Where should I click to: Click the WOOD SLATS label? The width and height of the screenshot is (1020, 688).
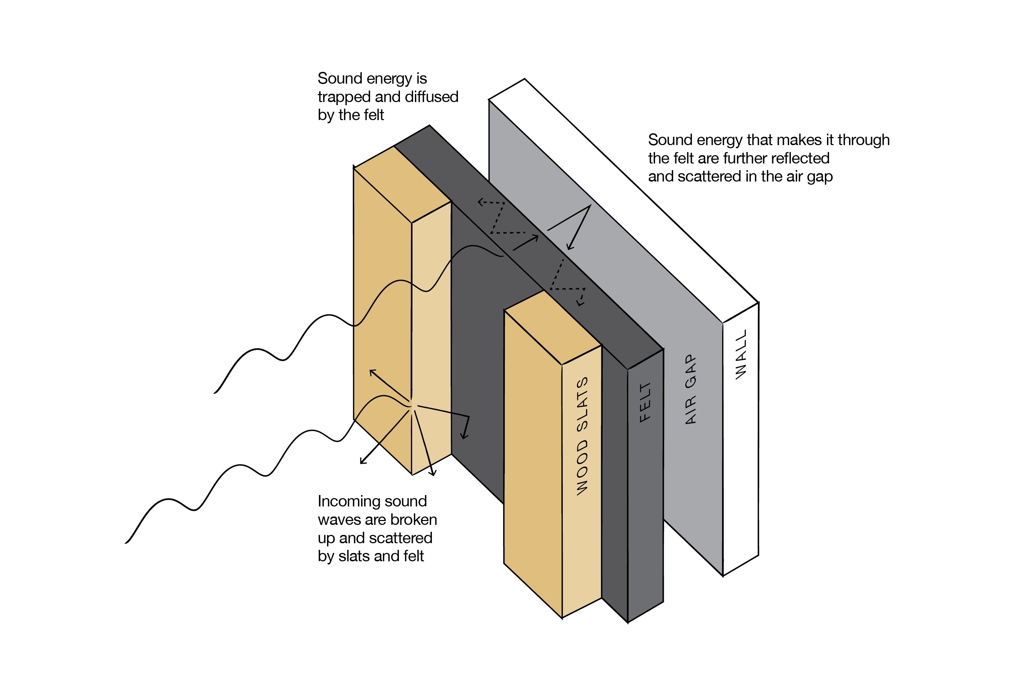tap(582, 437)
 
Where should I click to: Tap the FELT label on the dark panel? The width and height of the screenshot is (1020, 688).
tap(645, 402)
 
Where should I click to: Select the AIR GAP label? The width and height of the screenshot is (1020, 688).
tap(691, 389)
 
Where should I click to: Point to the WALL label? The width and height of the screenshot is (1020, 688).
tap(741, 354)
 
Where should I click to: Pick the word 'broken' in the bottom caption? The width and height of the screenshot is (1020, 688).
tap(414, 520)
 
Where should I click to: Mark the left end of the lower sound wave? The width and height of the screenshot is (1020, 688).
tap(126, 543)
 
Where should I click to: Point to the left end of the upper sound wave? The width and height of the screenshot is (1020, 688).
tap(215, 393)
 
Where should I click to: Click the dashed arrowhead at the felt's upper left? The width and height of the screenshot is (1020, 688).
tap(479, 202)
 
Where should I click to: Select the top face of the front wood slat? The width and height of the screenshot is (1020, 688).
tap(553, 327)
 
